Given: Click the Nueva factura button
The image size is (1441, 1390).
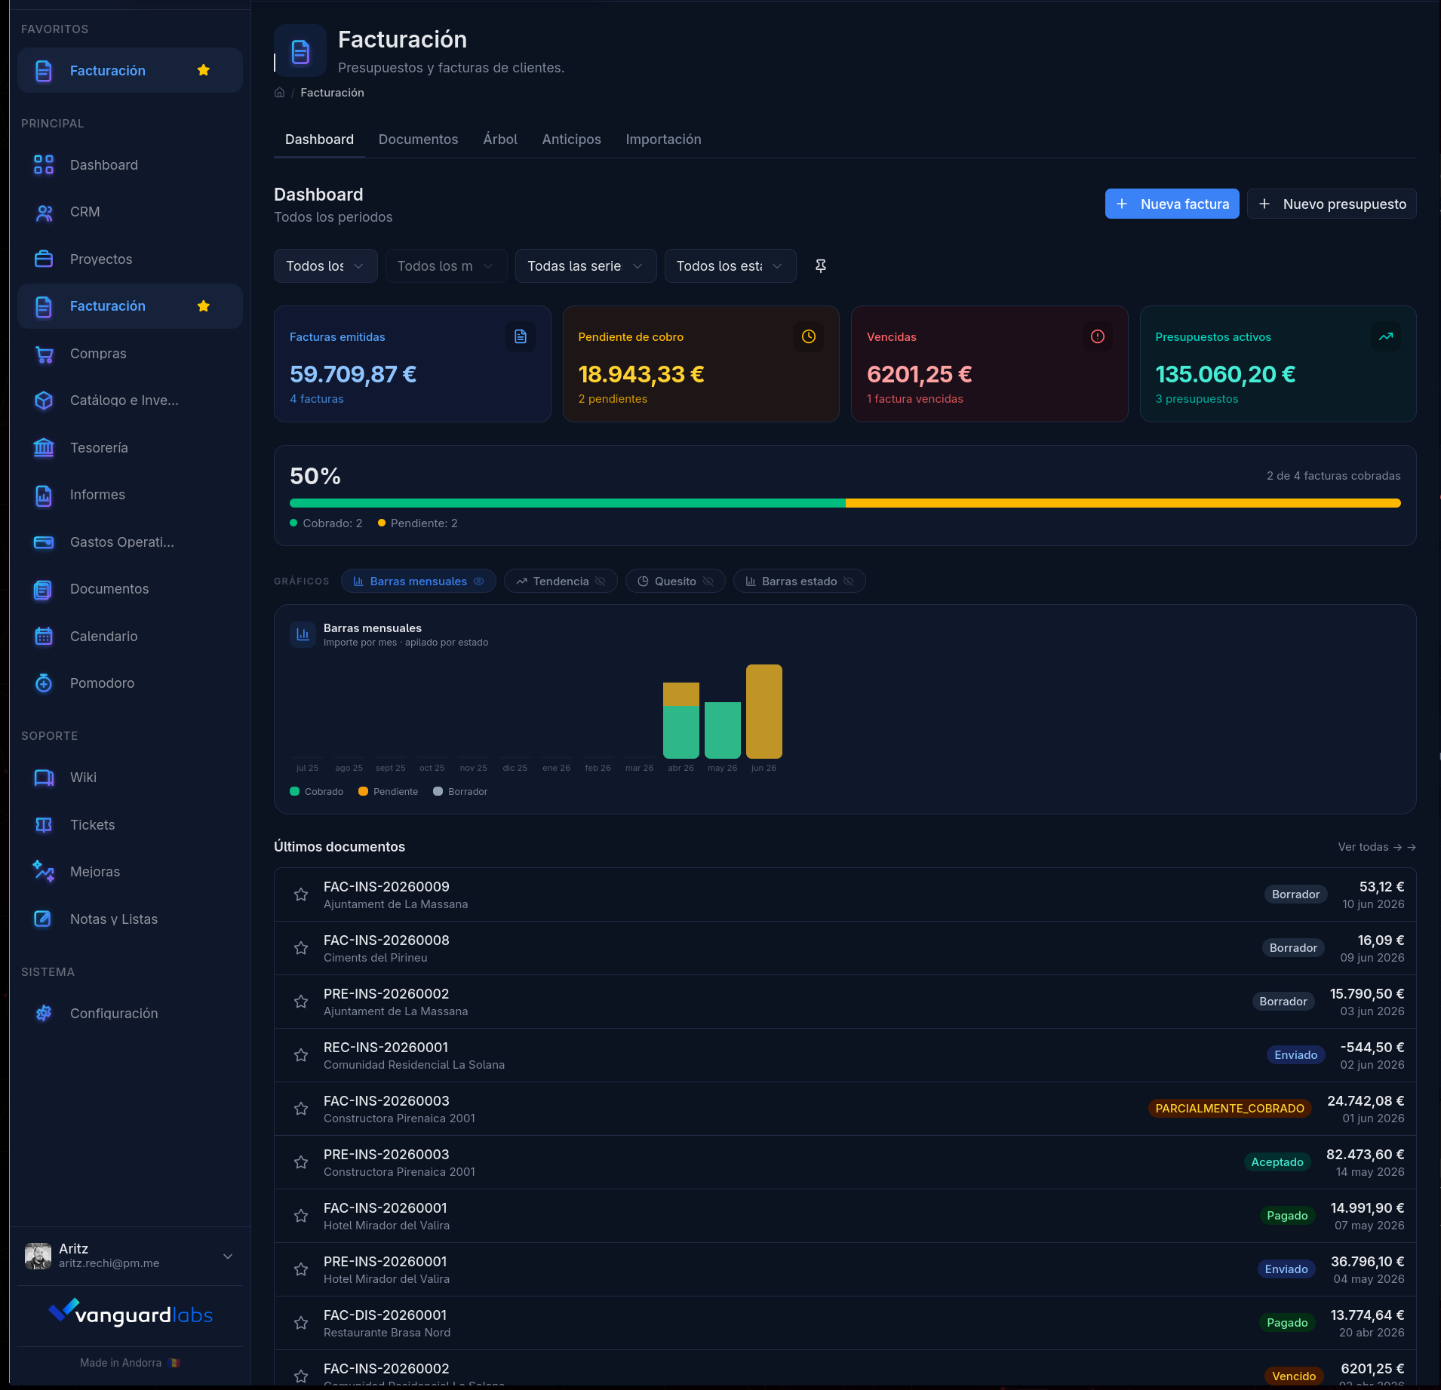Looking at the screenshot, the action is [x=1172, y=204].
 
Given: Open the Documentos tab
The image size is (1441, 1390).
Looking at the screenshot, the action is [x=418, y=140].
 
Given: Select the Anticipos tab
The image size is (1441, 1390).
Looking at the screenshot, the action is [x=571, y=140].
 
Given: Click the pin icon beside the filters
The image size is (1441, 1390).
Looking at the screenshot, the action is [x=821, y=265].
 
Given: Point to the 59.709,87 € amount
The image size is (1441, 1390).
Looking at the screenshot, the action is [x=353, y=374].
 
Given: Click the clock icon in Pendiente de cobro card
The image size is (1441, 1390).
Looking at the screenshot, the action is [x=809, y=336].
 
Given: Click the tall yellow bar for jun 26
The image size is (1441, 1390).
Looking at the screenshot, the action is [x=764, y=711].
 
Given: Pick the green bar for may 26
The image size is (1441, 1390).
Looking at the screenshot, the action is [x=723, y=730].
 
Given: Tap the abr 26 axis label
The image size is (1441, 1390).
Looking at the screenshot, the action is [x=681, y=768].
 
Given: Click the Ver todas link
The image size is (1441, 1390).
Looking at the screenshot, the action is [x=1377, y=847].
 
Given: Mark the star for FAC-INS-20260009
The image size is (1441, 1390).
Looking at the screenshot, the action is [x=301, y=894].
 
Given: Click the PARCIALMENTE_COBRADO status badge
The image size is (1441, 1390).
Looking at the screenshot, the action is [x=1230, y=1109].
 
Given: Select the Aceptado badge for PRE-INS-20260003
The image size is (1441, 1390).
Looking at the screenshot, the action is [x=1277, y=1162].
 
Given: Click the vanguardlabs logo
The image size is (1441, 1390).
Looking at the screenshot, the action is [x=131, y=1314].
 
